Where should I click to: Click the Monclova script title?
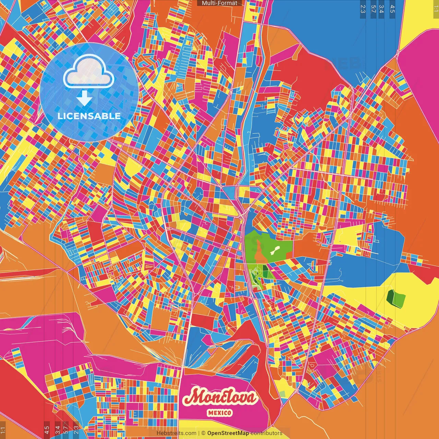pos(220,397)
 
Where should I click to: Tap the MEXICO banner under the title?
pos(219,413)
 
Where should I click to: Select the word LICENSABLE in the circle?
pos(89,116)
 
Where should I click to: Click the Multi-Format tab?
pos(219,3)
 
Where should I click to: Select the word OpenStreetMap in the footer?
pos(228,433)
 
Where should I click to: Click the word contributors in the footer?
pos(266,433)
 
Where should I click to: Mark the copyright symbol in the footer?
pos(203,433)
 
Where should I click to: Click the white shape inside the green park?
pos(275,250)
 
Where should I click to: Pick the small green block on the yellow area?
pos(396,298)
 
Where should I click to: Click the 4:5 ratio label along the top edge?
pos(392,9)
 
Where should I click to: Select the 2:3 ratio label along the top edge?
pos(363,9)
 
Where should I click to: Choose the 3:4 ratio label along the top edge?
pos(381,9)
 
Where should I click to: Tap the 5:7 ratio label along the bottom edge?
pos(66,430)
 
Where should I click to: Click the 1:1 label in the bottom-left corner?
pos(3,430)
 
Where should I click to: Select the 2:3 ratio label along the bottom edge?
pos(76,430)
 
